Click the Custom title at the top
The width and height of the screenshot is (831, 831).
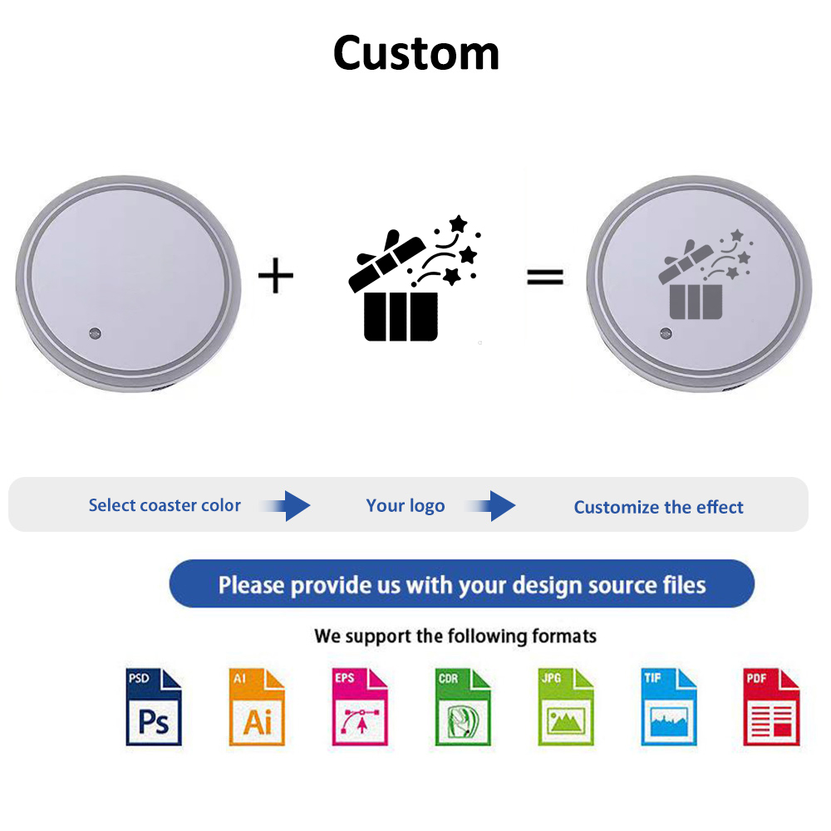click(416, 53)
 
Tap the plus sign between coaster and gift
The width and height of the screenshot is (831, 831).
click(276, 275)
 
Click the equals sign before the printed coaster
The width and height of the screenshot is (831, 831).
click(545, 277)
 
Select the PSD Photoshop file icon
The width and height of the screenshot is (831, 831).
click(154, 707)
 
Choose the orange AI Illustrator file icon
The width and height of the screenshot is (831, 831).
click(257, 707)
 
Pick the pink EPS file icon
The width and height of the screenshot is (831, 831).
click(360, 707)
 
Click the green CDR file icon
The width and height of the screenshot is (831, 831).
click(463, 707)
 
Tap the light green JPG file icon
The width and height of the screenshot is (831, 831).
click(565, 707)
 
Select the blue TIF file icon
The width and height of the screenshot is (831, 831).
click(668, 707)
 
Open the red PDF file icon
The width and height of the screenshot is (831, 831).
click(771, 707)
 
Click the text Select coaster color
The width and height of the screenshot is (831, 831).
click(165, 505)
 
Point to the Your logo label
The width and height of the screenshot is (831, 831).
click(406, 505)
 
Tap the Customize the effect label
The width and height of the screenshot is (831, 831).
click(659, 507)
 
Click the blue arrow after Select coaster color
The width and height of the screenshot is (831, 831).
click(286, 505)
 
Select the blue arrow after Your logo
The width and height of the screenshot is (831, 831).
click(491, 505)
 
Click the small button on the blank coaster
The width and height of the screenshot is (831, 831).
click(95, 333)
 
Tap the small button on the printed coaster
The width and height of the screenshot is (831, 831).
click(666, 333)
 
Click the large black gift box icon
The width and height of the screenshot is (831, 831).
click(414, 278)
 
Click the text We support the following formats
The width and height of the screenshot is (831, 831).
click(455, 636)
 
